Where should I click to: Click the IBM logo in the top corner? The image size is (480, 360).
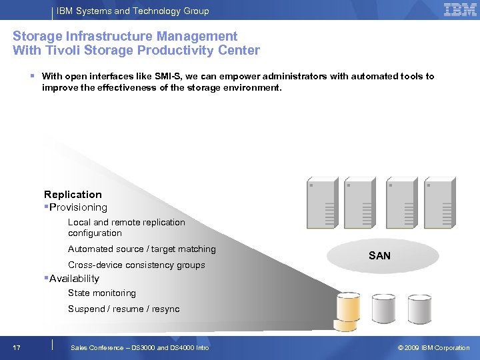460,10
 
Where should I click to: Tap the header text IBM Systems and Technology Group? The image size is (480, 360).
133,11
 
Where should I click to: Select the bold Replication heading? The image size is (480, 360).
73,195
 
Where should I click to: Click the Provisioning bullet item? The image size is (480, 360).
77,207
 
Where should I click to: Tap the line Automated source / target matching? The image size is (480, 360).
141,249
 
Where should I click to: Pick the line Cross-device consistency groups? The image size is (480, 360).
136,265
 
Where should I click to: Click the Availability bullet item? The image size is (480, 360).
73,279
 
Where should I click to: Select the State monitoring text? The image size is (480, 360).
101,293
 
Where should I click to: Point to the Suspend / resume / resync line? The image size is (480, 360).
123,309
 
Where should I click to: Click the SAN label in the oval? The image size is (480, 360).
379,256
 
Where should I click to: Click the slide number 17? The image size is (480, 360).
17,348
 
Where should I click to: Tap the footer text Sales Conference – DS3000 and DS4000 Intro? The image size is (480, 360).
139,348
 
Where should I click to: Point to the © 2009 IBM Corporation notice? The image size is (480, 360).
433,348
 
